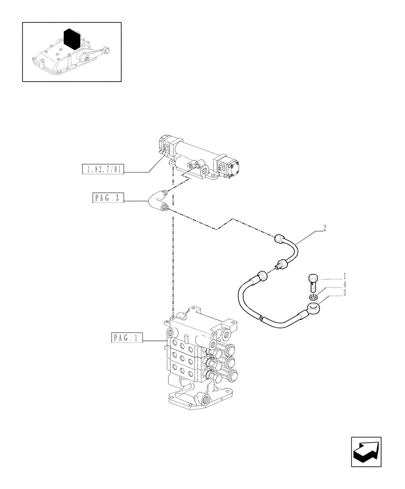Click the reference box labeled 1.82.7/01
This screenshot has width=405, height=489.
[x=104, y=170]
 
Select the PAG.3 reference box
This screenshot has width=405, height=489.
[x=108, y=198]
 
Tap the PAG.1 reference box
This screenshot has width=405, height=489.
[x=126, y=337]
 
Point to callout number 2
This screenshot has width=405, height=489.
[x=324, y=227]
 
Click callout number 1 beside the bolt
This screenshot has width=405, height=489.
[x=345, y=276]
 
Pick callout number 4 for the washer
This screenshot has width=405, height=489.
[x=345, y=284]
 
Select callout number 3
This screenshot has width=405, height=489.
[x=345, y=292]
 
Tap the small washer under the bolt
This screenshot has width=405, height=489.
[x=313, y=296]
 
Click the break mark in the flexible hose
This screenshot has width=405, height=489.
[x=263, y=320]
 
